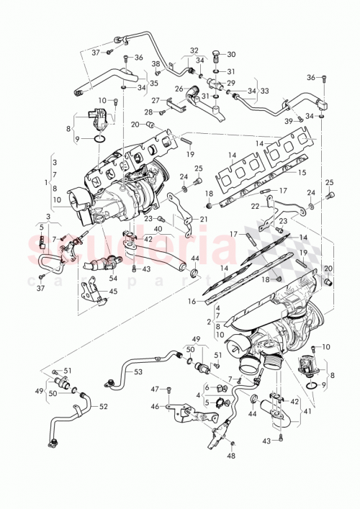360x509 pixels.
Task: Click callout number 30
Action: click(x=231, y=55)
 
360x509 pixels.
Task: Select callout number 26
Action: click(x=179, y=89)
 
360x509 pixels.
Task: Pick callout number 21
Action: click(x=204, y=219)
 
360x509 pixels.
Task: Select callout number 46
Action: click(x=154, y=407)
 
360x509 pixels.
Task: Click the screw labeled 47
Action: click(x=168, y=389)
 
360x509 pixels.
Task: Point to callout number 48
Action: click(x=231, y=456)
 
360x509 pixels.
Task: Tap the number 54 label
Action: click(x=113, y=278)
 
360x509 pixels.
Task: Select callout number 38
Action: click(x=156, y=64)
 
